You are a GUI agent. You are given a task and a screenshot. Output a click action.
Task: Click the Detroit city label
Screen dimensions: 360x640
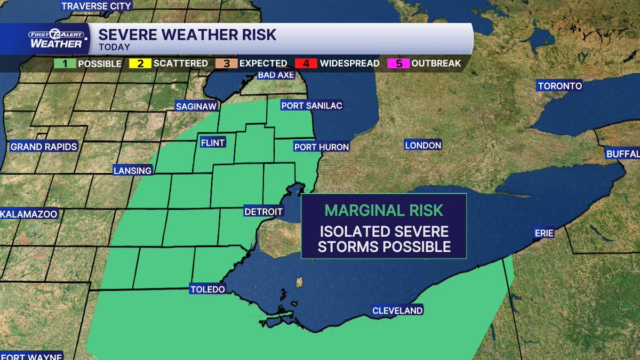(x=263, y=212)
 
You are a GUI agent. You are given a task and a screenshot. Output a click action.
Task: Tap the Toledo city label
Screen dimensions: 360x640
(x=207, y=290)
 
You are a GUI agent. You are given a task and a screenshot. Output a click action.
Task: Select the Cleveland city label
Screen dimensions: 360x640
(x=397, y=310)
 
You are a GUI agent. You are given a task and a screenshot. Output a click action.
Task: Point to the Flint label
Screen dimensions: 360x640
(x=212, y=143)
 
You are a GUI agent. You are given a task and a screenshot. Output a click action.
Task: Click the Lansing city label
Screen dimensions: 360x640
(x=133, y=171)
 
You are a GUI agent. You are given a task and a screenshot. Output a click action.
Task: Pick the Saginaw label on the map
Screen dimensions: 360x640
(x=197, y=107)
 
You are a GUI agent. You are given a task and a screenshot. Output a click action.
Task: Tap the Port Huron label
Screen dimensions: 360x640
(x=322, y=147)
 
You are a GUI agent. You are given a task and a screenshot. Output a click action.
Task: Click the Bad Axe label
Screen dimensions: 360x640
(x=276, y=75)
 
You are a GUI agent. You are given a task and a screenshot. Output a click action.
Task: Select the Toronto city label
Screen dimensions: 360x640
(x=559, y=86)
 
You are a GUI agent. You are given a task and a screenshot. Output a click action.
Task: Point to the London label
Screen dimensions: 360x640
(x=423, y=145)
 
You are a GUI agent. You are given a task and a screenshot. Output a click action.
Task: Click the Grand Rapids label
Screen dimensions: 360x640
(x=44, y=147)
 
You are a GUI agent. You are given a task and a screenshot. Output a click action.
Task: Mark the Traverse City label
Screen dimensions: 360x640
(x=96, y=6)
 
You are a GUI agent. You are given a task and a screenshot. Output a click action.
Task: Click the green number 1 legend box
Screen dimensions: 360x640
(x=65, y=63)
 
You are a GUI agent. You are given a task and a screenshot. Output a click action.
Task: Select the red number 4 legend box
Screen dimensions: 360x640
(x=307, y=63)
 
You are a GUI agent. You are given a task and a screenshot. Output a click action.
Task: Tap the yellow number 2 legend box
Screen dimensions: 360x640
(x=140, y=63)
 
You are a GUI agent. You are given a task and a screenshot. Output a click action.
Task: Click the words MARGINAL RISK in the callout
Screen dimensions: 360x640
(x=384, y=210)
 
